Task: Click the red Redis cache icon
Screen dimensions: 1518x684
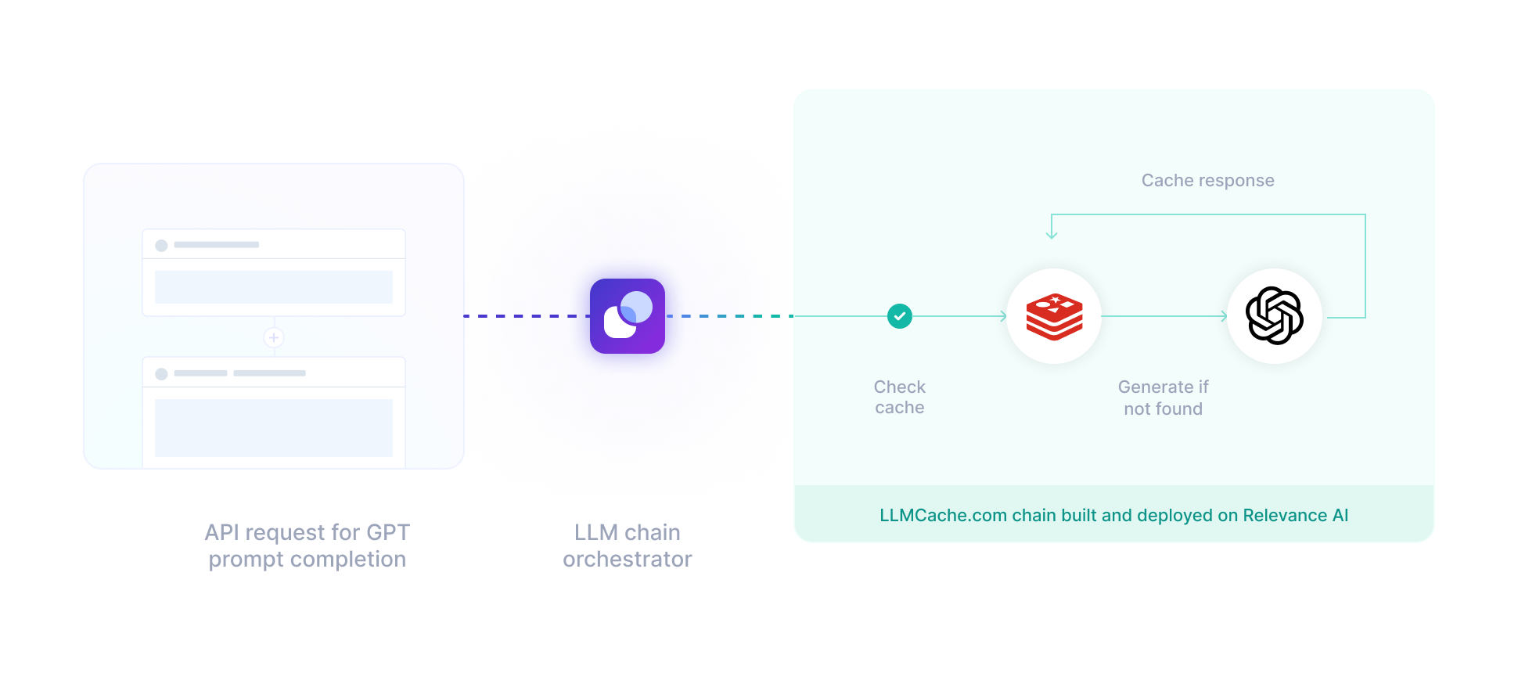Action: [1054, 317]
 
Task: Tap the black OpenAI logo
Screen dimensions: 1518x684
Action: [1275, 316]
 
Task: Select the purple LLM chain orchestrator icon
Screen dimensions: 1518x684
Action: [628, 316]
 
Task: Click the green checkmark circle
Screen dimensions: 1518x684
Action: [900, 316]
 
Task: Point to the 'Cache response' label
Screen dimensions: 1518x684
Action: [1207, 181]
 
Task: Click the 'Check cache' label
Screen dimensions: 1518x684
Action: [900, 398]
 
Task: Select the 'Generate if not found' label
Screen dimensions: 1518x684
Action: [1164, 398]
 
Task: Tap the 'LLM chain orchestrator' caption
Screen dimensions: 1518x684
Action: [628, 545]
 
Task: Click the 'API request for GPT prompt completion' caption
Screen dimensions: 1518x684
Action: [308, 545]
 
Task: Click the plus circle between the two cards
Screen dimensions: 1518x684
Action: [274, 337]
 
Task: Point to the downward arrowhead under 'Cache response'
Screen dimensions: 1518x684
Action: [1052, 233]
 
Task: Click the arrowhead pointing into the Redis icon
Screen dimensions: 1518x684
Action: [1004, 316]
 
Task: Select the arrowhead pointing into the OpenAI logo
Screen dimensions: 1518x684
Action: [1225, 316]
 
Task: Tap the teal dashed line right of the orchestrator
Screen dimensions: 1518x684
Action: [729, 316]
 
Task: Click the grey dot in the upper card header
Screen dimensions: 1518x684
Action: [161, 246]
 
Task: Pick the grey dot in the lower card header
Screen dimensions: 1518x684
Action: [161, 374]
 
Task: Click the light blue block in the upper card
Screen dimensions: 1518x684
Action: [274, 287]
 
